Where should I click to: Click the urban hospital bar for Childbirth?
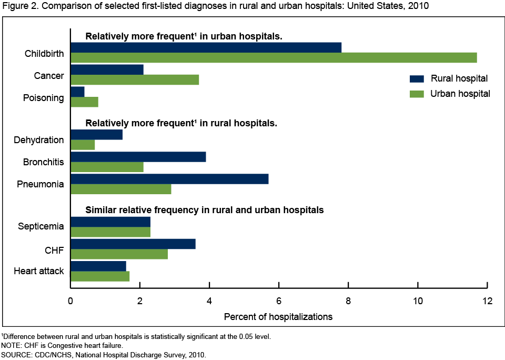(274, 57)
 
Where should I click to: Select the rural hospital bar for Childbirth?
(206, 47)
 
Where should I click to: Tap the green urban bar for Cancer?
(135, 79)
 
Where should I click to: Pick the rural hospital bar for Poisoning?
(77, 92)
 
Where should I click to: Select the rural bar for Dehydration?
(96, 135)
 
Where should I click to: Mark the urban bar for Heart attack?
(100, 276)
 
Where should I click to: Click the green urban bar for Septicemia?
(110, 232)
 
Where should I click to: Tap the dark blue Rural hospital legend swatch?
(417, 79)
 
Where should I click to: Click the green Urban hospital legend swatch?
(417, 94)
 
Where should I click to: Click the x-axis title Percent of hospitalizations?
(278, 317)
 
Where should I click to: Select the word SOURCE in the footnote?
(17, 355)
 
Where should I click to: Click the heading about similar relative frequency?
(204, 210)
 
